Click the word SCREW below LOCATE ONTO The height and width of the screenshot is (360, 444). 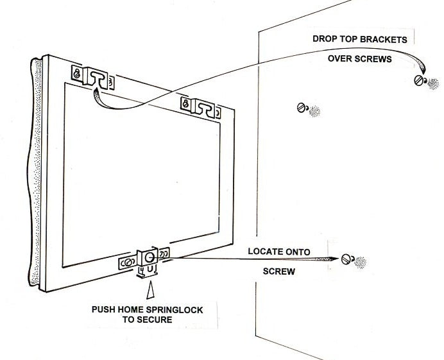(279, 271)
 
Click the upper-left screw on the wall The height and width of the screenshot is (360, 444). (302, 108)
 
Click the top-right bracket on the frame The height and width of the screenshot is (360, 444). (201, 107)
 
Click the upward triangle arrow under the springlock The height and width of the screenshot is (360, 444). (150, 293)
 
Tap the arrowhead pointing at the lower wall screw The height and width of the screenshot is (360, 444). (330, 259)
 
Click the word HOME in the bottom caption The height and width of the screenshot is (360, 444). (135, 310)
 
